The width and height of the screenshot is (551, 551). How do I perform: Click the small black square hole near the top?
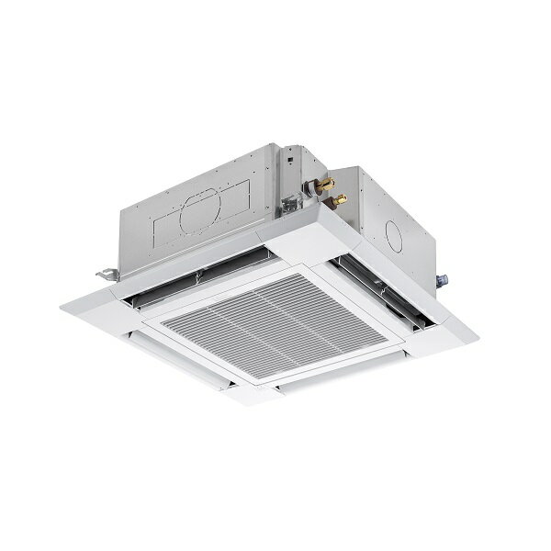287,162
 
